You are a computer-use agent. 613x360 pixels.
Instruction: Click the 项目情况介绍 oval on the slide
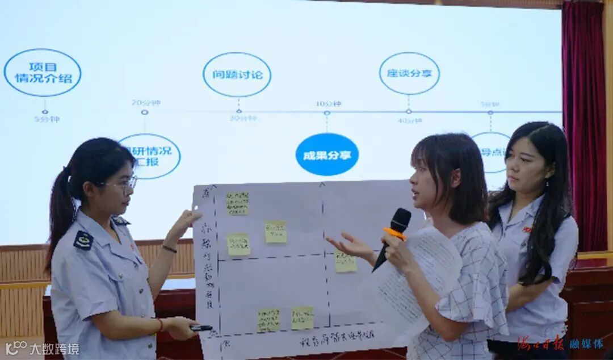point(43,73)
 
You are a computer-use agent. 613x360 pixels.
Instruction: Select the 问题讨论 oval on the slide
point(237,74)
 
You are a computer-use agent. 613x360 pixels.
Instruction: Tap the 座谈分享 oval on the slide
point(409,73)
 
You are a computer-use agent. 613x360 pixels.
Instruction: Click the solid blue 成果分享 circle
point(327,154)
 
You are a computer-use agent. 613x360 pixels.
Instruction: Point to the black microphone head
point(400,220)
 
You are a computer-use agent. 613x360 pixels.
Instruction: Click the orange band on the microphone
point(394,233)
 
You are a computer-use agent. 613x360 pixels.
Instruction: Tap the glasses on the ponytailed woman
point(125,183)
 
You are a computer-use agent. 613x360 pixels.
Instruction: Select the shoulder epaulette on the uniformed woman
point(83,239)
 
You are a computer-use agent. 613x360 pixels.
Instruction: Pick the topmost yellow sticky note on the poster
point(237,203)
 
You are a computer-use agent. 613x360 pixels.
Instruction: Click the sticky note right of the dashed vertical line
point(345,261)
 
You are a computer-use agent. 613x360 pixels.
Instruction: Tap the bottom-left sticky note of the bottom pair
point(268,320)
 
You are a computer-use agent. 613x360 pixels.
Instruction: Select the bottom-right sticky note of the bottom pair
point(303,318)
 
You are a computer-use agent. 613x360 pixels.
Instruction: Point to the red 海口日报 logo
point(539,343)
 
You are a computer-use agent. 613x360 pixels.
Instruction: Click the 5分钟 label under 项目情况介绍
point(46,119)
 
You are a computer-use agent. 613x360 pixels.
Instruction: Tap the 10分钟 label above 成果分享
point(328,104)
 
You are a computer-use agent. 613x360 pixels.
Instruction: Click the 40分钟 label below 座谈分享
point(410,120)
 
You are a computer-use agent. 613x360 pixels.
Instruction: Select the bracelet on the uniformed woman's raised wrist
point(169,248)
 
